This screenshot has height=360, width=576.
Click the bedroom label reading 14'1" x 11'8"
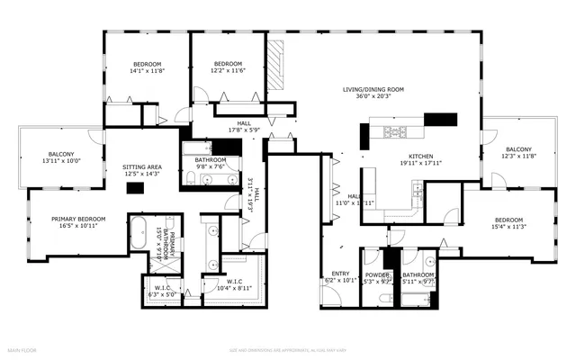147,68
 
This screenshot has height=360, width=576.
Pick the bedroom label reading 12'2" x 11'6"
228,68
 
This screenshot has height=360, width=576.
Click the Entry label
340,277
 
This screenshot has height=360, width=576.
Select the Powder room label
376,277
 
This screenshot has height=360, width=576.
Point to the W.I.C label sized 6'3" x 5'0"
157,291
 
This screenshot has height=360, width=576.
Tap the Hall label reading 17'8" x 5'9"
243,129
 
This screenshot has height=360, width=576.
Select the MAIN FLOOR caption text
22,349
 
